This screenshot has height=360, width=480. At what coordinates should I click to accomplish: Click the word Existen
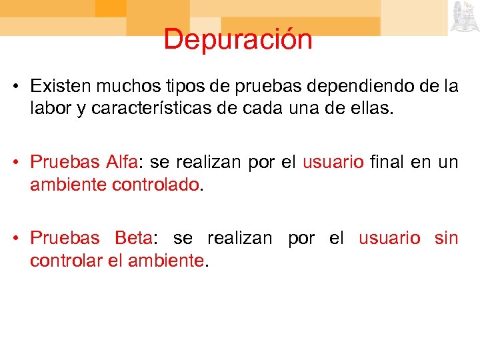point(59,87)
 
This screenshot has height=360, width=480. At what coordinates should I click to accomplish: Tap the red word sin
point(446,238)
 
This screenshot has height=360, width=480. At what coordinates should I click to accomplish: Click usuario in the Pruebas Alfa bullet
point(333,162)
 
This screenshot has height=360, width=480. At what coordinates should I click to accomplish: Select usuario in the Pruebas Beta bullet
point(389,238)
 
